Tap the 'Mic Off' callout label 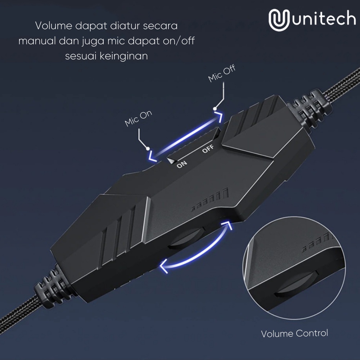coord(222,74)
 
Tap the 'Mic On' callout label coord(139,119)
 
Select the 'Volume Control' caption coord(294,333)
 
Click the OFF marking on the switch coord(208,148)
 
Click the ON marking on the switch coord(182,164)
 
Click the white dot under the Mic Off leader coord(215,108)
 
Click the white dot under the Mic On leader coord(147,148)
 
